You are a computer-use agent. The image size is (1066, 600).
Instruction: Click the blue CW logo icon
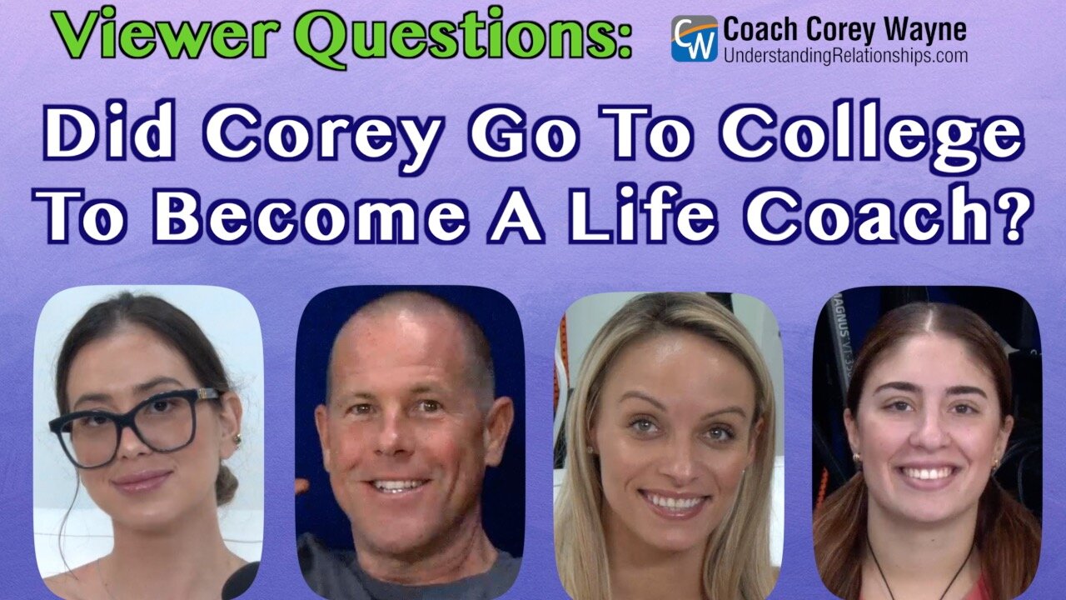tap(694, 38)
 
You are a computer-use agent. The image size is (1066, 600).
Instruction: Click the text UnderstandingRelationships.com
tap(845, 56)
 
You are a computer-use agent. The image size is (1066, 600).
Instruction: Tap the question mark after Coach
tap(1012, 218)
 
